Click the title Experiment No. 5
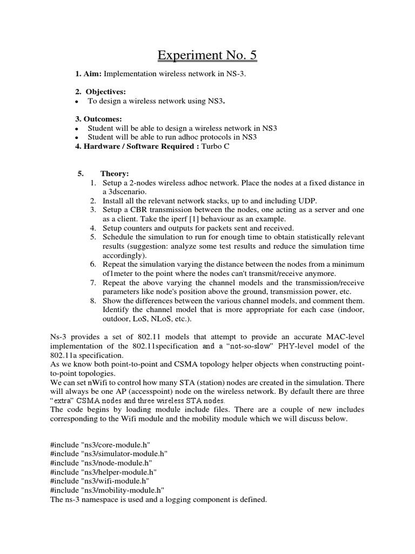click(207, 55)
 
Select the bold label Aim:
click(89, 73)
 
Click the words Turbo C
click(215, 147)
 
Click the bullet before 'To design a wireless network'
click(78, 101)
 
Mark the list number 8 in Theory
click(92, 300)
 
